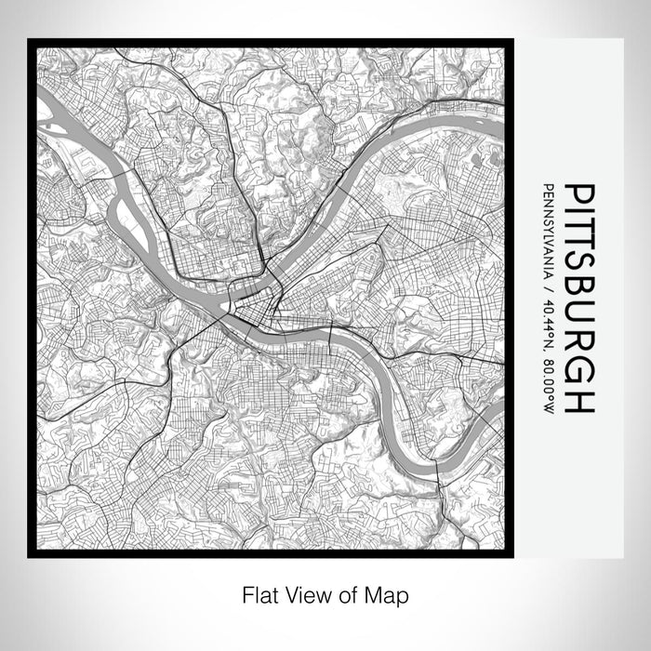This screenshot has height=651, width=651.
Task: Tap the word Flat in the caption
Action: point(256,593)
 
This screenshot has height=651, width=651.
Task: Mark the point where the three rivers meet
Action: point(223,307)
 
